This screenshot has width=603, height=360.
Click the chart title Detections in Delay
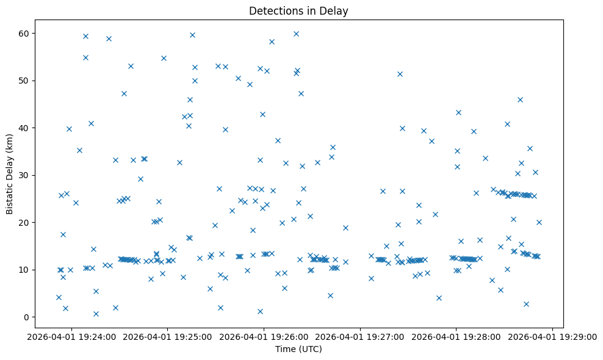point(298,11)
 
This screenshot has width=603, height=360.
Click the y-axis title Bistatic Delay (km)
point(9,174)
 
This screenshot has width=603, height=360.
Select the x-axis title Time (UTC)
point(298,350)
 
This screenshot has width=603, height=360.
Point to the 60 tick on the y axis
point(27,33)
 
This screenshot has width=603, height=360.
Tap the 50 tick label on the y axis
point(27,81)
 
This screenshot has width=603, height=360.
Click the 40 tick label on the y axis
point(27,128)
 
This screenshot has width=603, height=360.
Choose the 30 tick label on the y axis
point(27,175)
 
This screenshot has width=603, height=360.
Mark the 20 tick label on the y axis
point(27,222)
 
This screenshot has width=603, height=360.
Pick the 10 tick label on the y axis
point(27,270)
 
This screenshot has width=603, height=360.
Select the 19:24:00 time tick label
point(70,336)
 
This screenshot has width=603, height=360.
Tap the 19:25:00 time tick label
point(167,336)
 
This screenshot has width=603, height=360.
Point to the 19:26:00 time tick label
point(263,336)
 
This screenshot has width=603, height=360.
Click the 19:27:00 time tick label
point(359,336)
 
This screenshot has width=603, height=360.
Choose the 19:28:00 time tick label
point(456,336)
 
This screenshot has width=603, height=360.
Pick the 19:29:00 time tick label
point(552,336)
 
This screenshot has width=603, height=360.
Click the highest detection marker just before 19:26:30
point(296,34)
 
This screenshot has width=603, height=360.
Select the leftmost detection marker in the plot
point(59,297)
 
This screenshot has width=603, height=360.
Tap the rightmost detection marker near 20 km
point(539,222)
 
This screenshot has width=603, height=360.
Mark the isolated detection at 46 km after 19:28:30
point(520,99)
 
